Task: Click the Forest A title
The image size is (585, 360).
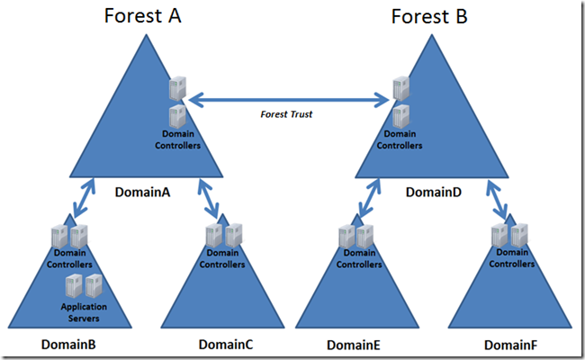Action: (x=142, y=16)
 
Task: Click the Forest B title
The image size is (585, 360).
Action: (x=429, y=17)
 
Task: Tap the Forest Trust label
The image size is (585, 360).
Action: (x=286, y=114)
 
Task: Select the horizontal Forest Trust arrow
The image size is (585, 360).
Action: (x=289, y=100)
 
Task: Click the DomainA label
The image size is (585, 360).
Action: (x=142, y=192)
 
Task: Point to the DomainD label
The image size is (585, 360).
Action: (x=434, y=192)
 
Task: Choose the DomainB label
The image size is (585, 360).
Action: (x=68, y=345)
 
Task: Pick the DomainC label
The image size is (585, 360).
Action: (x=226, y=345)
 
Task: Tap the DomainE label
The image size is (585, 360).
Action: (x=354, y=345)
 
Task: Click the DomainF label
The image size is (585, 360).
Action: (x=510, y=345)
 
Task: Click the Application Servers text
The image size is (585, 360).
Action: (x=84, y=312)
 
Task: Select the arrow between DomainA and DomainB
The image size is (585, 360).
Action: (x=84, y=198)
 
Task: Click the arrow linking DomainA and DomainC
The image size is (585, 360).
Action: (x=209, y=198)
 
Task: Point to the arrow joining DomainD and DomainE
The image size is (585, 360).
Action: (x=370, y=198)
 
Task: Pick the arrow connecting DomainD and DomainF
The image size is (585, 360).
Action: (x=497, y=198)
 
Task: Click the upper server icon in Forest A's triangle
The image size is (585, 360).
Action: (x=177, y=88)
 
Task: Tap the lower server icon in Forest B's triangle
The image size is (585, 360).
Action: (x=401, y=116)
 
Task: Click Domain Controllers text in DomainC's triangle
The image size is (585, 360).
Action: (x=222, y=258)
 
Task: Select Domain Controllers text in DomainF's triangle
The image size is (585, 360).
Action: (x=511, y=258)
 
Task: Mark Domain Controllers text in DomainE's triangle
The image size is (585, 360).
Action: (x=359, y=258)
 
